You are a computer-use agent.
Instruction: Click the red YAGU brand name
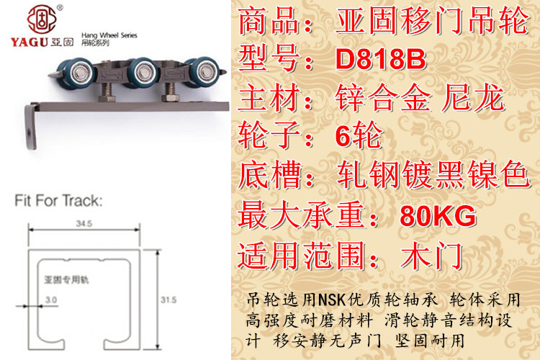pos(30,42)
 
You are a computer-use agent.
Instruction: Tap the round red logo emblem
pos(42,19)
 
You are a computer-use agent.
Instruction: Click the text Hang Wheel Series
pos(109,35)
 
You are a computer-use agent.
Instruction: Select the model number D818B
pos(381,59)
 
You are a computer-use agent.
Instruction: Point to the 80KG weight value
pos(438,216)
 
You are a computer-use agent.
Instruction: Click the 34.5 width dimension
pos(84,224)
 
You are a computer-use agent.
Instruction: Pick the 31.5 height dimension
pos(168,300)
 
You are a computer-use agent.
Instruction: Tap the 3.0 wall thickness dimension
pos(51,300)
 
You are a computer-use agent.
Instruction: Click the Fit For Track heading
pos(58,200)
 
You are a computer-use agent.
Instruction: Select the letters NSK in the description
pos(332,300)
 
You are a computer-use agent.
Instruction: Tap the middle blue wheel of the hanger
pos(143,72)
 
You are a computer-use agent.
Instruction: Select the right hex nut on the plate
pos(170,97)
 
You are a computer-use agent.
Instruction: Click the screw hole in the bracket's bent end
pos(30,132)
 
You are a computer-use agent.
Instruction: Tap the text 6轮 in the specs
pos(359,136)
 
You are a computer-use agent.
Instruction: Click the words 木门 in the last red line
pos(431,256)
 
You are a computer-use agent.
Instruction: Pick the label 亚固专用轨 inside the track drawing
pos(66,280)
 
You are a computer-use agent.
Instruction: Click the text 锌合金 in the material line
pos(383,98)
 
